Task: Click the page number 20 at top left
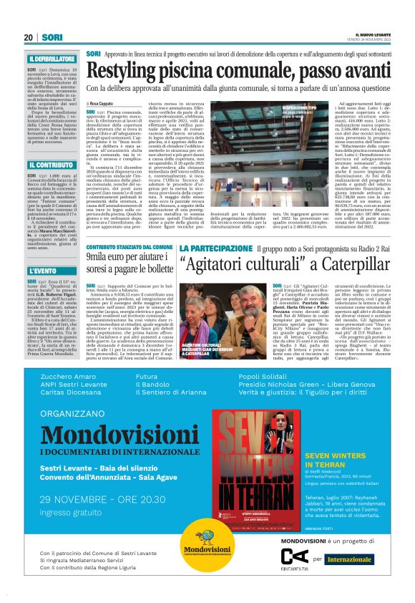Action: point(29,37)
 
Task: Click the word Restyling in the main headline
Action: point(135,72)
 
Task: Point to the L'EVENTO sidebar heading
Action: point(43,271)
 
